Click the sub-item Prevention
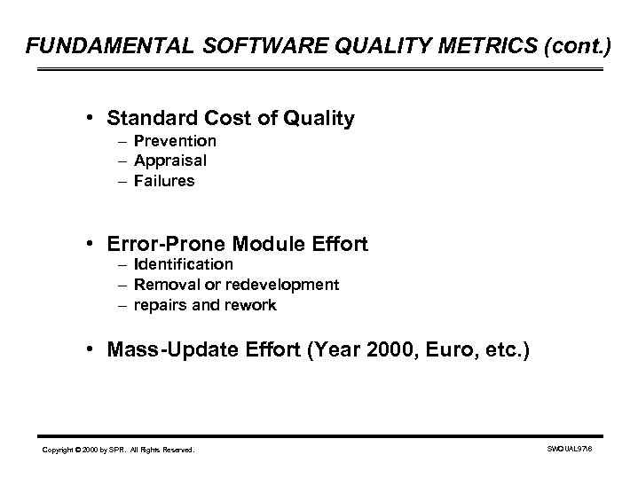(x=175, y=141)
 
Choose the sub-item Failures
(x=164, y=180)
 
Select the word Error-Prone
(x=163, y=241)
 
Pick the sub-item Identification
(x=184, y=264)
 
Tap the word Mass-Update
(x=165, y=349)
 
